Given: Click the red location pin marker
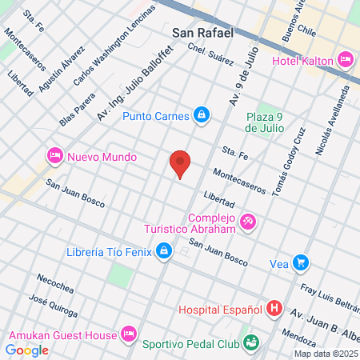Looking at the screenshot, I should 181,162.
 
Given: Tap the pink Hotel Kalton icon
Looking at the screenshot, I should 346,58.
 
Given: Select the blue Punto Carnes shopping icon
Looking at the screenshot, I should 203,116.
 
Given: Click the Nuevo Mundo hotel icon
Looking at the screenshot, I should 55,155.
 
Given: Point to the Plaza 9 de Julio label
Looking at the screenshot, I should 265,121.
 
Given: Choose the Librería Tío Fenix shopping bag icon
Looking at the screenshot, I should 164,252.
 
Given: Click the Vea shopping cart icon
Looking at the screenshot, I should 301,262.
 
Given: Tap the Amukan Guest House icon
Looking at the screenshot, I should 127,334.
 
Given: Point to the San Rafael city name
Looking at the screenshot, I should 202,33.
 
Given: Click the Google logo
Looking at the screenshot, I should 26,350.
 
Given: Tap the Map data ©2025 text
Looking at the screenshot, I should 326,354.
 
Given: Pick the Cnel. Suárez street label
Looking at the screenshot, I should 210,53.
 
